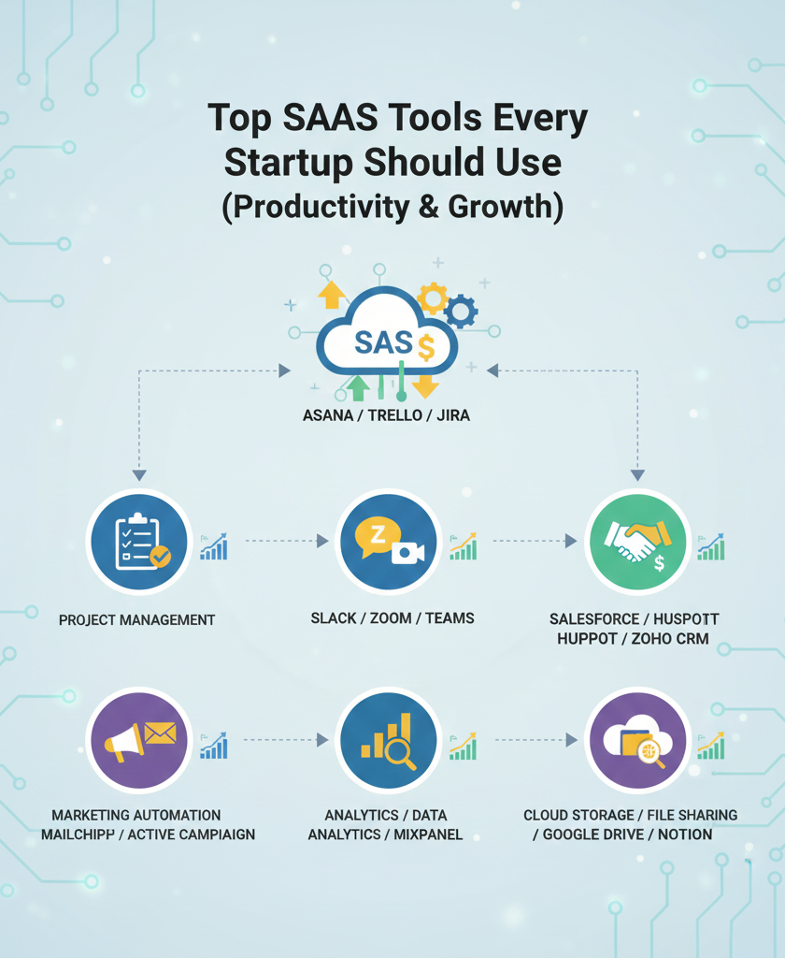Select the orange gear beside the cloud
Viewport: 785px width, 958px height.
point(432,298)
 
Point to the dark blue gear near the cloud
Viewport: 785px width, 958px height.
point(461,311)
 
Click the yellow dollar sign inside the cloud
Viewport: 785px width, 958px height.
point(426,349)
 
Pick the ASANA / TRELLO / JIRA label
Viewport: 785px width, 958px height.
point(386,414)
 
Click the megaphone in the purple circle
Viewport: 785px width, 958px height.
point(124,742)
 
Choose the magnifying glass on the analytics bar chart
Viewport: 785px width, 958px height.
point(403,752)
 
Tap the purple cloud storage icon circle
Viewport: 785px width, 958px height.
point(637,742)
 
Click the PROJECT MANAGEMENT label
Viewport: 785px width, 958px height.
point(136,619)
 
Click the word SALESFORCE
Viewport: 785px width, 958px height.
point(593,619)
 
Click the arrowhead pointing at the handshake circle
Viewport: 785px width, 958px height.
point(570,541)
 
